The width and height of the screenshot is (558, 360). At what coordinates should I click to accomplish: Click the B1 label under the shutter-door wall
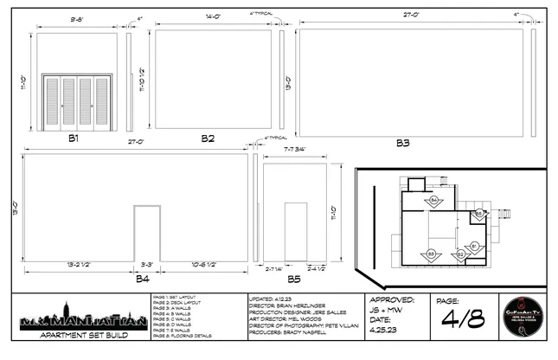(74, 138)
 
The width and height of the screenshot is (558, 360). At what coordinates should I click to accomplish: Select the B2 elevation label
(208, 138)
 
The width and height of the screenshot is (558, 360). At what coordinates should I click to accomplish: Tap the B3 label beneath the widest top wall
(404, 142)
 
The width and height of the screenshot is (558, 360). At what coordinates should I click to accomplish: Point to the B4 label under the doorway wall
(142, 279)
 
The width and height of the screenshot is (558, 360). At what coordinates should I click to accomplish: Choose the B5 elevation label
(294, 279)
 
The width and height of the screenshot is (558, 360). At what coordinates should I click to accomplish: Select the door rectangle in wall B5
(295, 231)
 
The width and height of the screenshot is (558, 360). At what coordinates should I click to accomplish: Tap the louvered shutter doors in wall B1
(78, 103)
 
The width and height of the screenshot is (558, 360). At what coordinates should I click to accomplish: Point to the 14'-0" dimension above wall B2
(215, 16)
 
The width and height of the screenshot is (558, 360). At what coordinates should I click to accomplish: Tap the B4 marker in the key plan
(434, 201)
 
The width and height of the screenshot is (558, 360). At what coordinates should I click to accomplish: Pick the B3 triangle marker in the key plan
(431, 253)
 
